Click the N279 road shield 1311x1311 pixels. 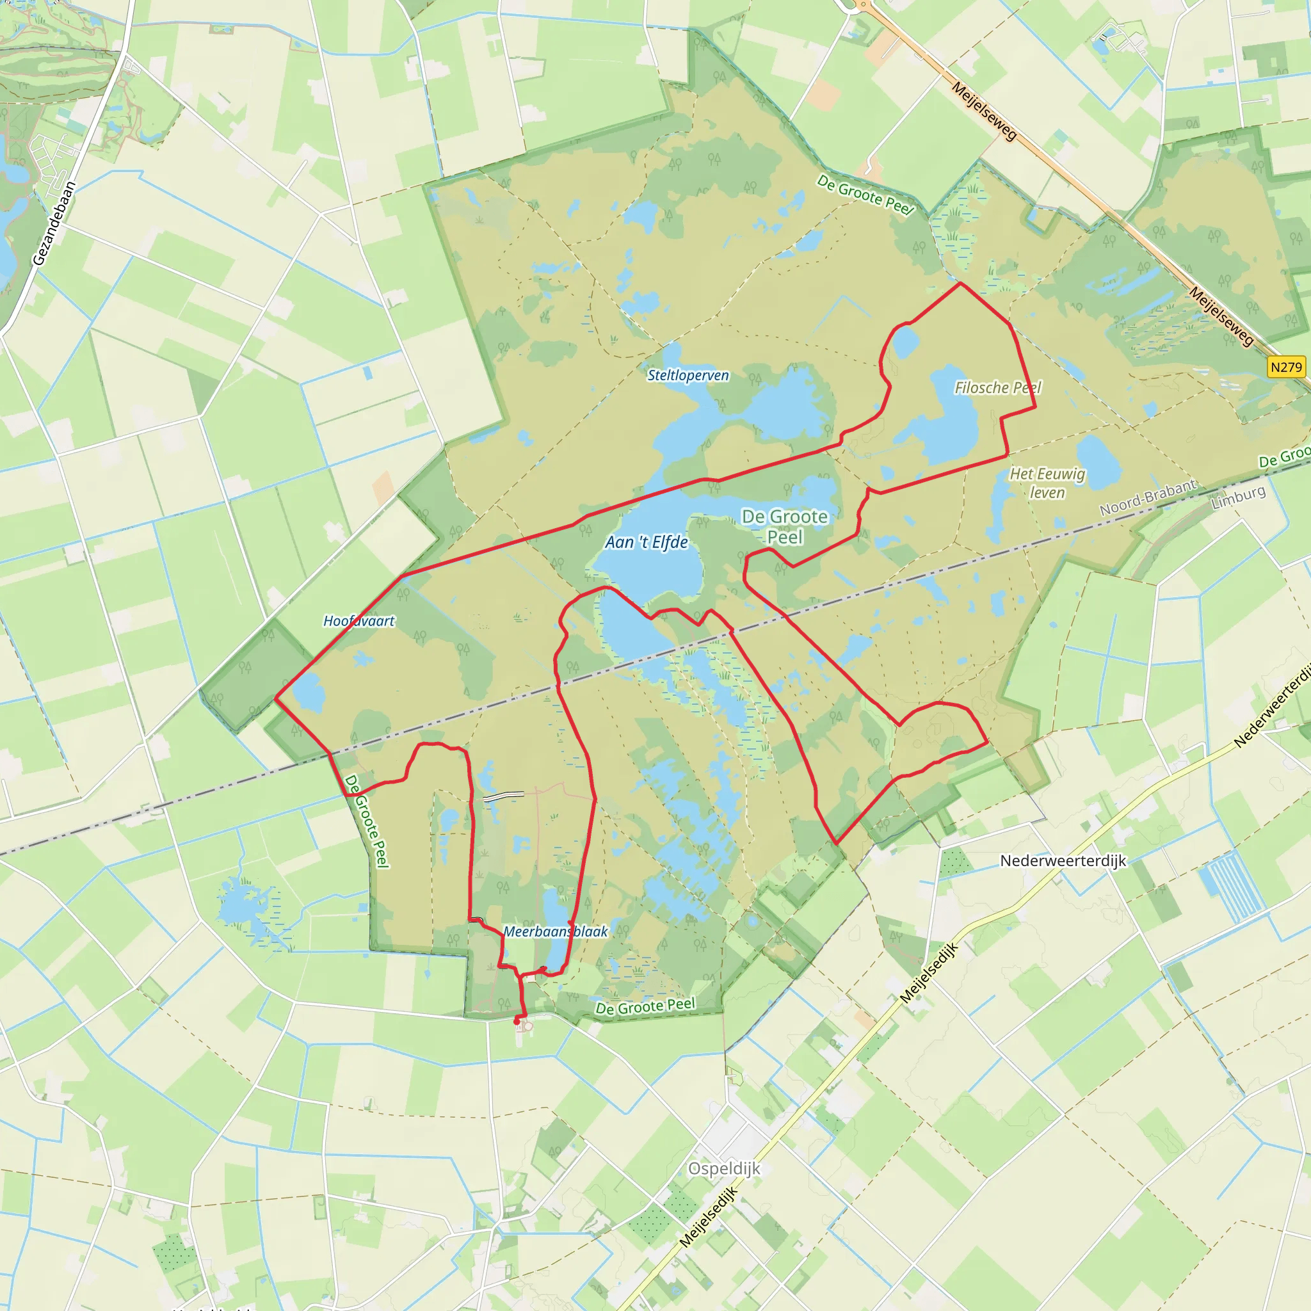(x=1287, y=367)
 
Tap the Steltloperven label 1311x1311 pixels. (x=688, y=375)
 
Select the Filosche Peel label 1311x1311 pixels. (x=997, y=387)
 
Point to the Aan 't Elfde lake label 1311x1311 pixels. (x=647, y=542)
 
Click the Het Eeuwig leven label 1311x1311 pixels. (x=1047, y=483)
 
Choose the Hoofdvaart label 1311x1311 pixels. (x=358, y=621)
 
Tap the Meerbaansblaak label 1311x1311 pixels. (x=556, y=931)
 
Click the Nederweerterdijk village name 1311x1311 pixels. (x=1063, y=860)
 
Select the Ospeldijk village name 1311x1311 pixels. (x=724, y=1168)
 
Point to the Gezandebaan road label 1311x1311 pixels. (x=54, y=223)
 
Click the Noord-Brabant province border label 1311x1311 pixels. (x=1148, y=497)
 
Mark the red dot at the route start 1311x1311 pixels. (x=517, y=1020)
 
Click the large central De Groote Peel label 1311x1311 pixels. (x=784, y=527)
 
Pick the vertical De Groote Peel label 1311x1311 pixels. (x=367, y=821)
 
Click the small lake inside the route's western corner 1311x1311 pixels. (x=309, y=692)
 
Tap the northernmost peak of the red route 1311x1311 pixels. (x=960, y=284)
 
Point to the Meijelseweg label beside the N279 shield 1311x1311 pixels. (x=1220, y=316)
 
